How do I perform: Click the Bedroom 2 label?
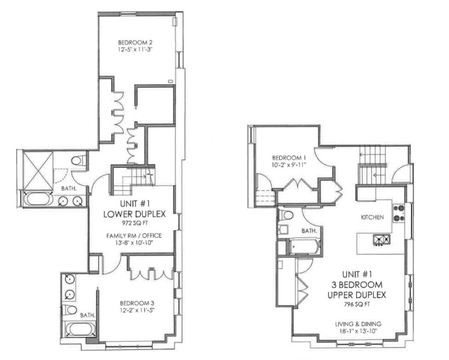[x=135, y=42]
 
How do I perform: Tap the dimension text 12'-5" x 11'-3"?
[x=135, y=49]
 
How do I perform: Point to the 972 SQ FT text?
[x=134, y=222]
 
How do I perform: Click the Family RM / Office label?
[x=134, y=235]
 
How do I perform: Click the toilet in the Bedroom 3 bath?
[x=70, y=310]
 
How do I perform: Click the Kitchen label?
[x=372, y=217]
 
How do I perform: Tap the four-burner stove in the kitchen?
[x=398, y=213]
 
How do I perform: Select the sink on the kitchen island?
[x=381, y=240]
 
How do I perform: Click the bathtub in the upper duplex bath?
[x=304, y=246]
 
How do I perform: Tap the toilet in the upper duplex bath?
[x=288, y=215]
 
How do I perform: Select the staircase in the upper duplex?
[x=372, y=165]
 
